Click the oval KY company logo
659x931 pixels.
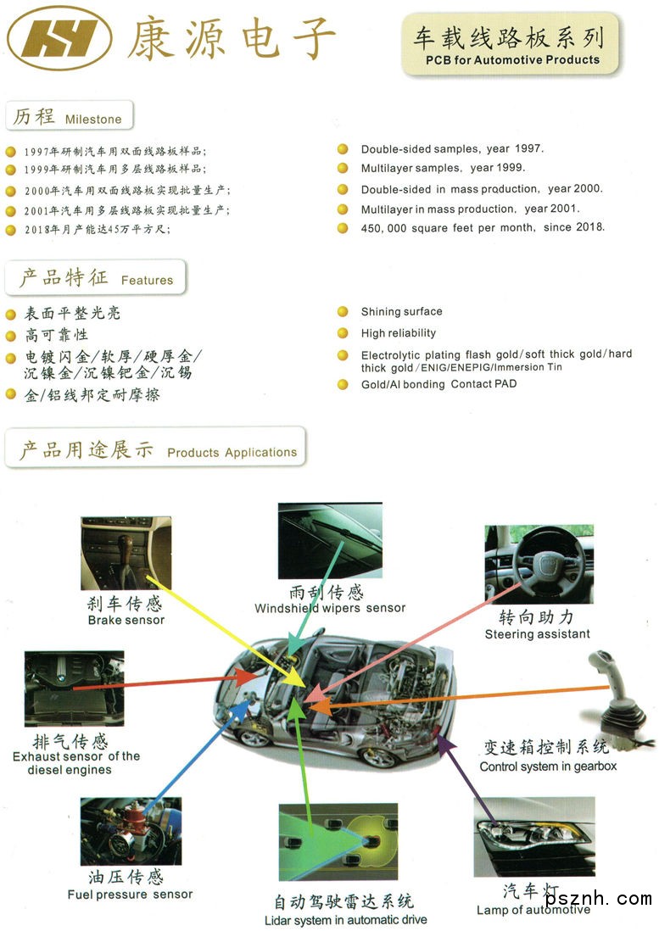point(59,38)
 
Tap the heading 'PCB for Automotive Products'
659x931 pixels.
point(512,60)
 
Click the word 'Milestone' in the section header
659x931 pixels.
point(93,120)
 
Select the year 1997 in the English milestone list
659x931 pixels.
point(528,148)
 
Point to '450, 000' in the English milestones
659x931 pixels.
point(383,229)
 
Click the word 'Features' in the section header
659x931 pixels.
point(148,281)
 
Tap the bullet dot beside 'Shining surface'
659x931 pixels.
point(343,312)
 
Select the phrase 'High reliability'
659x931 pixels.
point(399,333)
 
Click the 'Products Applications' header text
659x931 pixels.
point(232,453)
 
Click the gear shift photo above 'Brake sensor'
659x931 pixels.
point(126,553)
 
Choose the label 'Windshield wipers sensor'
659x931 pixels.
point(330,608)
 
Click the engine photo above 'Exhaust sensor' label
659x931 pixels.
point(75,688)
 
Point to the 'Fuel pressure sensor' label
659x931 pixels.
point(130,895)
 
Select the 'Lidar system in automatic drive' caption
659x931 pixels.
point(345,920)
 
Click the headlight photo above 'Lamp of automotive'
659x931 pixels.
point(534,837)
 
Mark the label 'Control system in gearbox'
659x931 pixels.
point(548,767)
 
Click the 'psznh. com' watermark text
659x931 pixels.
point(599,898)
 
